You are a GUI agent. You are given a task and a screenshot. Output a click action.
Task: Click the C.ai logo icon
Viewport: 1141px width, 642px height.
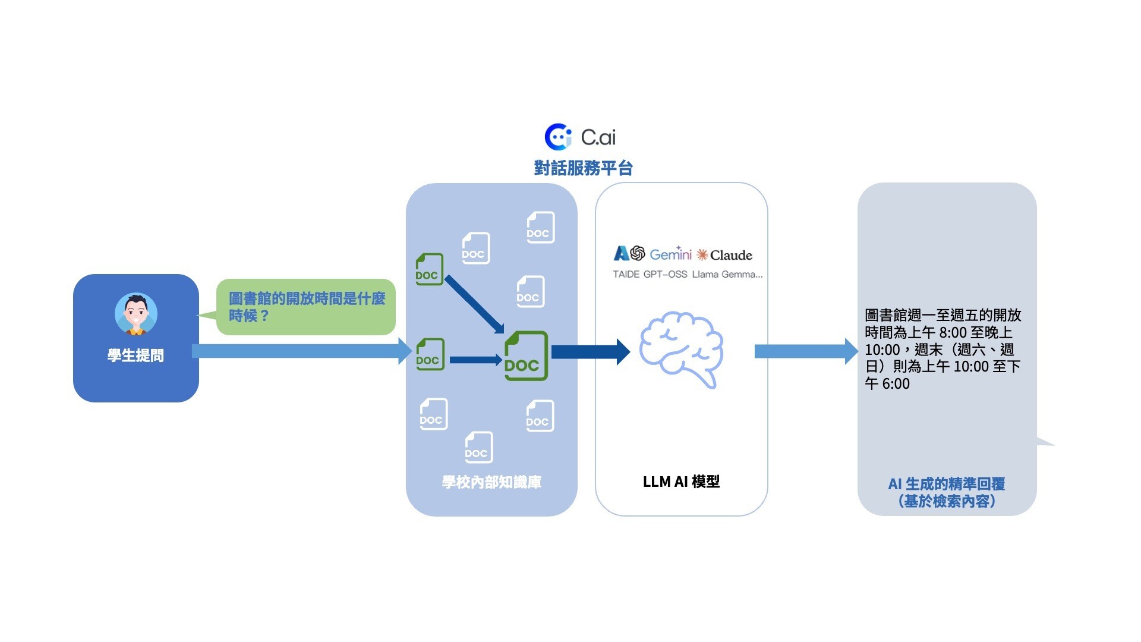click(558, 137)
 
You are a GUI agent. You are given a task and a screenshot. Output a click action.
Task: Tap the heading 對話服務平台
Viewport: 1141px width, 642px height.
click(583, 168)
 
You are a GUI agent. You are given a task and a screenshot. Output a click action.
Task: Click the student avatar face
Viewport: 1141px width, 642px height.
click(136, 314)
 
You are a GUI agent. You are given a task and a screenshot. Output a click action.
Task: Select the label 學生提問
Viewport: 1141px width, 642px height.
click(135, 355)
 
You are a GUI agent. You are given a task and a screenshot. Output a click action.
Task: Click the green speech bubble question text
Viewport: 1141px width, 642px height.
click(306, 307)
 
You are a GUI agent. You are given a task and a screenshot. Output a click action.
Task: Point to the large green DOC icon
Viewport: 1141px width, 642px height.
click(525, 356)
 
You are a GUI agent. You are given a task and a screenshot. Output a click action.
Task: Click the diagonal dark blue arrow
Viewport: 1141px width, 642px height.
click(474, 304)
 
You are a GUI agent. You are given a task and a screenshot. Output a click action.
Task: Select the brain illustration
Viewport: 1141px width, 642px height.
click(681, 350)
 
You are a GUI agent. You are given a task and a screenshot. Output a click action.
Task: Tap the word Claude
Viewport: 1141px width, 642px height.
click(731, 256)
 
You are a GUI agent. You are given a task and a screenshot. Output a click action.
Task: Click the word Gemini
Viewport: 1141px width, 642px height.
click(670, 255)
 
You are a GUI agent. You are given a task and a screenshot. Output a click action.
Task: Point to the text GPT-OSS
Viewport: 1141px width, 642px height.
click(665, 275)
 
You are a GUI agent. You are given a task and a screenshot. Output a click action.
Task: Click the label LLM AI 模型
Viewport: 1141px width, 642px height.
click(681, 481)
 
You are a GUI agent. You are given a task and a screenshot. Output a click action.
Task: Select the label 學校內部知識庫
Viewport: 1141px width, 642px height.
click(491, 482)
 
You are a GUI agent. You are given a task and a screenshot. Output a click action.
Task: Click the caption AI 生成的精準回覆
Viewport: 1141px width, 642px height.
click(946, 484)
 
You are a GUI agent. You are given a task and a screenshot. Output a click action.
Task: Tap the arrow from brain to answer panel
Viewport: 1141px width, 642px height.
click(805, 351)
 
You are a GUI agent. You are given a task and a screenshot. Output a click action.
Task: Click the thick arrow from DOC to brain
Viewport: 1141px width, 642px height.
click(590, 352)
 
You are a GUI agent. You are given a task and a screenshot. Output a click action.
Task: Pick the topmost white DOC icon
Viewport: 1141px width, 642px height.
click(540, 227)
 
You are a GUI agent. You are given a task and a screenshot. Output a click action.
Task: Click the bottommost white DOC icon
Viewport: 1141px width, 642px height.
click(478, 447)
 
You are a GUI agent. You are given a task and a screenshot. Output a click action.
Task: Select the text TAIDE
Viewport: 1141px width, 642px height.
click(626, 275)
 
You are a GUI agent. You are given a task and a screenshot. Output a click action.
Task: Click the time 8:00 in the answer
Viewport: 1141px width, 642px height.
click(953, 332)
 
